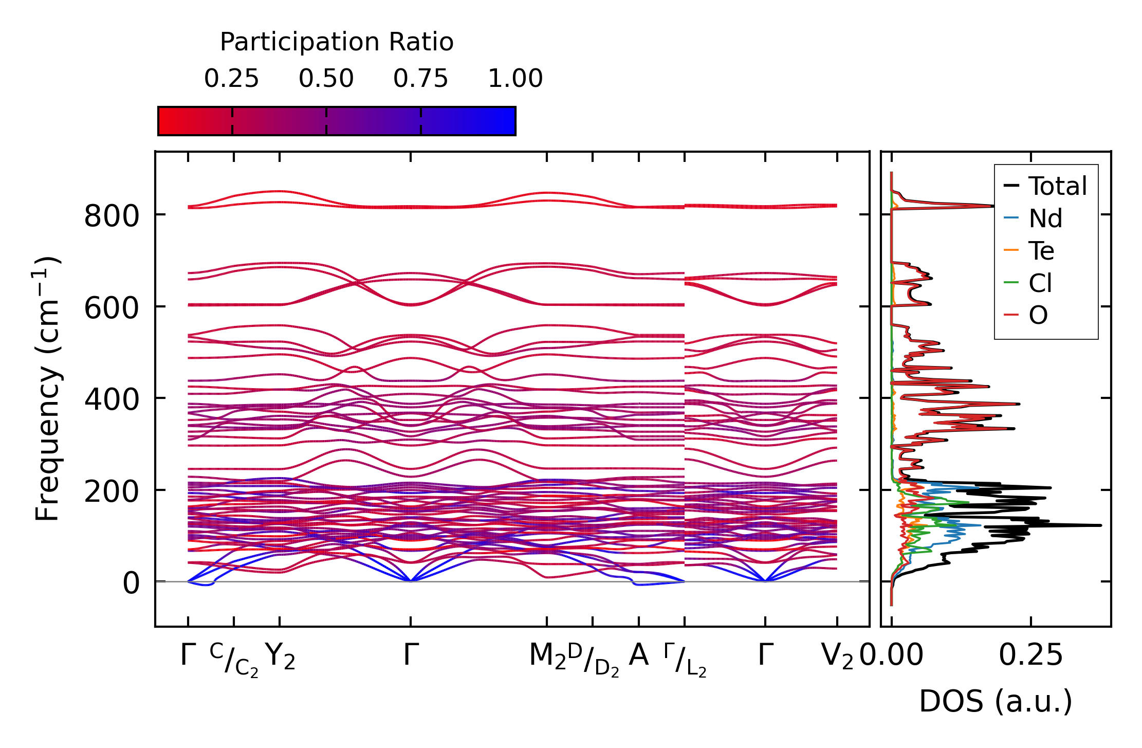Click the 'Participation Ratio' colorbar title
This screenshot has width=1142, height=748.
pyautogui.click(x=337, y=42)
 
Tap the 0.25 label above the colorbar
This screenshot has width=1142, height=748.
pyautogui.click(x=231, y=79)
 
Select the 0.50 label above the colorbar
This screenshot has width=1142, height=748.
pyautogui.click(x=326, y=79)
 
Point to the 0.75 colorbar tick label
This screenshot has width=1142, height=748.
pyautogui.click(x=420, y=79)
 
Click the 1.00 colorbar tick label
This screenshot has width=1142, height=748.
pyautogui.click(x=515, y=79)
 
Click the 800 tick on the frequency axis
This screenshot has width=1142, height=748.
pyautogui.click(x=112, y=216)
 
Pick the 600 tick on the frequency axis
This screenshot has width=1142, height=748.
pyautogui.click(x=112, y=308)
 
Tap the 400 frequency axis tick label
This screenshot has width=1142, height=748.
pyautogui.click(x=112, y=399)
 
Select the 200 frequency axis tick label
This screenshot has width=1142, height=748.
pyautogui.click(x=112, y=491)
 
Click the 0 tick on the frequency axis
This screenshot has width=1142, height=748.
pyautogui.click(x=131, y=583)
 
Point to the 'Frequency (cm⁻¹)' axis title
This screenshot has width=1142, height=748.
pyautogui.click(x=47, y=389)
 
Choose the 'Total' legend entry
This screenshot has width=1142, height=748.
pyautogui.click(x=1057, y=186)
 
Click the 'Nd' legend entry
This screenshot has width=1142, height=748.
pyautogui.click(x=1045, y=219)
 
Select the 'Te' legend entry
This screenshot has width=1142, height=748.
pyautogui.click(x=1041, y=251)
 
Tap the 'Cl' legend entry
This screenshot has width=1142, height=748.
pyautogui.click(x=1040, y=283)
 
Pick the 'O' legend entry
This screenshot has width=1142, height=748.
pyautogui.click(x=1038, y=315)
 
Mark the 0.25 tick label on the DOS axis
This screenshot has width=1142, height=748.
pyautogui.click(x=1030, y=655)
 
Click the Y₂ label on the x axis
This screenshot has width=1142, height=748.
pyautogui.click(x=280, y=656)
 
